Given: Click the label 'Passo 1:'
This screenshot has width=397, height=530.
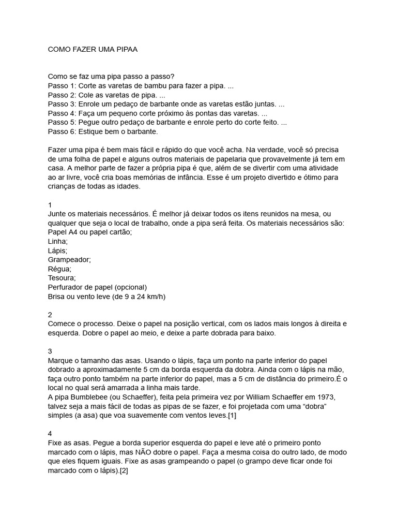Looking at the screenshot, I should click(x=62, y=85).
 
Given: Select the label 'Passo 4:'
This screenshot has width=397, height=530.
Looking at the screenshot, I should click(x=62, y=113).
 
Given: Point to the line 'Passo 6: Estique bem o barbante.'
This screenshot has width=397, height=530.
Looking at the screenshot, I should click(x=102, y=132).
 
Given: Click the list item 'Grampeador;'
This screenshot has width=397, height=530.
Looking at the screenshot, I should click(x=69, y=259).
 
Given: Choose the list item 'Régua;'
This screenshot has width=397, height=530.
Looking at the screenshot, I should click(x=59, y=269).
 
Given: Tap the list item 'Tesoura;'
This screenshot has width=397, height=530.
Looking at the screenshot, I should click(x=62, y=278).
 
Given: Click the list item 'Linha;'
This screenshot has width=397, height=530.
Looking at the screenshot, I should click(x=58, y=241).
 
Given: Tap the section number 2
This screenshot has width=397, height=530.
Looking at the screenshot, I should click(x=50, y=315).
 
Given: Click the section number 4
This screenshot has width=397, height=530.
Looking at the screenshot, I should click(x=50, y=434).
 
